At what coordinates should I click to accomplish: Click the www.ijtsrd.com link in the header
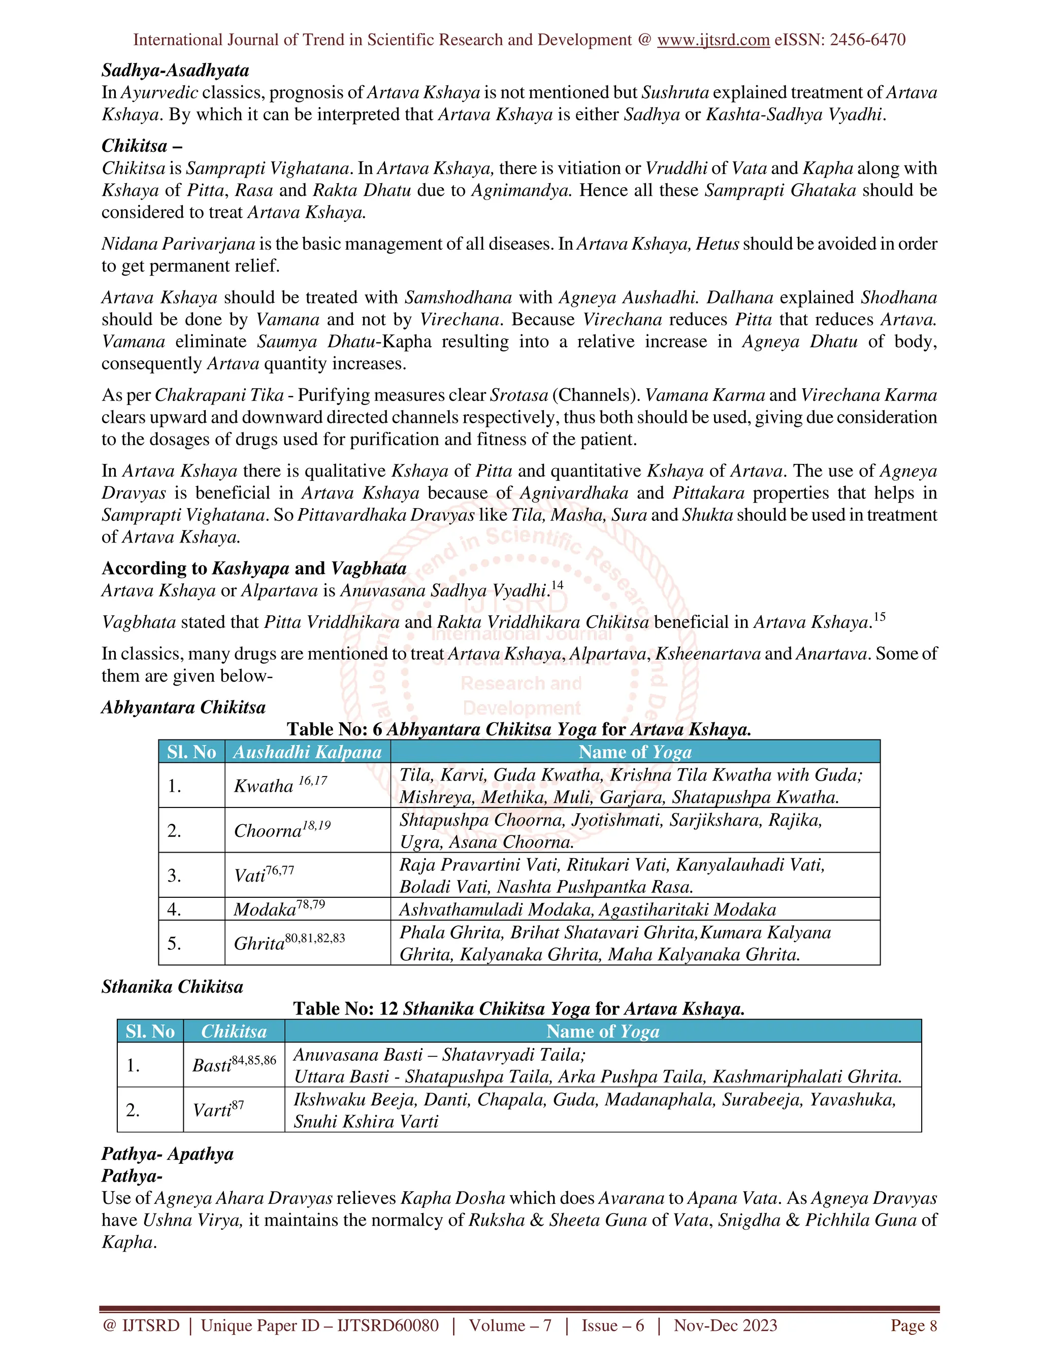(713, 40)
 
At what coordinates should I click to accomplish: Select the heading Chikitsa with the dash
(142, 146)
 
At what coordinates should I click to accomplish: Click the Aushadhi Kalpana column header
(307, 752)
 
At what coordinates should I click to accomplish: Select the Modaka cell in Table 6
(278, 909)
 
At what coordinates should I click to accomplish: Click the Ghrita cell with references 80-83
(289, 943)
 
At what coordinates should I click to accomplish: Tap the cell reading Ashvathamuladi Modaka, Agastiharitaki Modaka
(587, 910)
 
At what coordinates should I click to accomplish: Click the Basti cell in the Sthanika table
(234, 1064)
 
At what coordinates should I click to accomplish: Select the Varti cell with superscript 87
(218, 1109)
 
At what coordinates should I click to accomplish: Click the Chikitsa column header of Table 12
(234, 1031)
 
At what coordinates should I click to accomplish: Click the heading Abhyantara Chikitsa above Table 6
(183, 707)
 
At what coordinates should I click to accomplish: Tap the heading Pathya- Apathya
(167, 1154)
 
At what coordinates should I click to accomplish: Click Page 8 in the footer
(913, 1325)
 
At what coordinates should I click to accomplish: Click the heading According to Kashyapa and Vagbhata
(254, 568)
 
